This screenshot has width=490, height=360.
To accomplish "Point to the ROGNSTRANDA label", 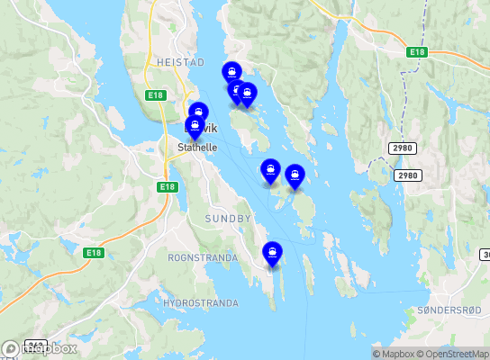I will coord(203,257).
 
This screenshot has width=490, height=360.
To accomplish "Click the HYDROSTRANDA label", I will coord(203,302).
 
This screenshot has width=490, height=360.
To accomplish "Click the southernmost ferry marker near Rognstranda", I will coord(272,254).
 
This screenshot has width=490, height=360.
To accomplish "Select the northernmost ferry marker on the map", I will coord(232,71).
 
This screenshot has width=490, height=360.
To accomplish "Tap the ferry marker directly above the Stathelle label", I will coord(195,127).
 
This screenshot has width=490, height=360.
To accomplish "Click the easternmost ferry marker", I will coord(295,175).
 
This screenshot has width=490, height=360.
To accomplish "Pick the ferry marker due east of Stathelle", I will coord(269,168).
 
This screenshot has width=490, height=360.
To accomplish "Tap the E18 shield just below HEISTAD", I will coord(155,94).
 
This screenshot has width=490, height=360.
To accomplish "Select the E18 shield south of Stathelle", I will coord(166,186).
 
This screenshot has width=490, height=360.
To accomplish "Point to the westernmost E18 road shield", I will coord(93,253).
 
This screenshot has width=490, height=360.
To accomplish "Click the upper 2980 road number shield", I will coord(403,147).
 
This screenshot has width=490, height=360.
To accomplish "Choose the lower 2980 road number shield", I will coord(407,175).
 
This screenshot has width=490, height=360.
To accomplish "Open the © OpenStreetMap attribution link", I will coord(453,354).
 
